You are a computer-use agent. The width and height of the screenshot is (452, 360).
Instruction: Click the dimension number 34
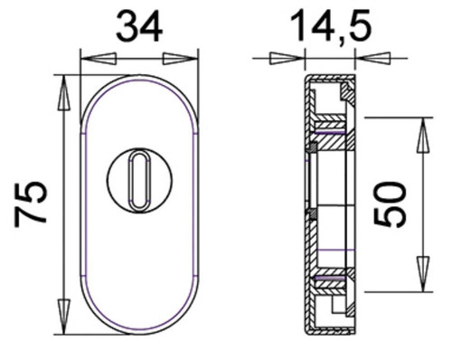click(x=139, y=26)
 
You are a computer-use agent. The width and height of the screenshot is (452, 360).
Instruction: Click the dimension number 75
click(x=31, y=204)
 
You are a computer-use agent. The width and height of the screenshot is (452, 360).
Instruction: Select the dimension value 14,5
click(x=331, y=26)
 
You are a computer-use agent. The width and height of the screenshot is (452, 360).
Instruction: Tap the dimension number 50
click(x=390, y=204)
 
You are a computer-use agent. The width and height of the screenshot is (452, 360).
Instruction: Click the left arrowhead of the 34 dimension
click(x=99, y=59)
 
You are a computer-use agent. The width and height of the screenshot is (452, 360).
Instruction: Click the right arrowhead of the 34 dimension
click(x=180, y=59)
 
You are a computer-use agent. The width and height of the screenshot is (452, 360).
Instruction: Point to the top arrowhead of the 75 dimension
click(x=64, y=92)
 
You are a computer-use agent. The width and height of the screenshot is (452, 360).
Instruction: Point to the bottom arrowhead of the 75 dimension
click(x=64, y=317)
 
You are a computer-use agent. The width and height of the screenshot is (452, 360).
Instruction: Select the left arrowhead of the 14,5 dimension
click(x=287, y=59)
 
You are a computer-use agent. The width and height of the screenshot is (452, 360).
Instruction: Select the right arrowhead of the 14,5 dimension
click(x=373, y=59)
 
